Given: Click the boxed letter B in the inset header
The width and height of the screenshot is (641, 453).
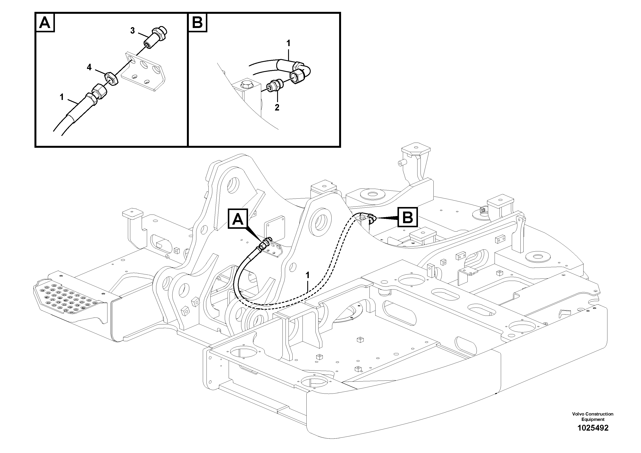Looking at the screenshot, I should [x=198, y=23].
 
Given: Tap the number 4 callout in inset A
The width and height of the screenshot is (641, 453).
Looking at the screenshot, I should [x=89, y=67].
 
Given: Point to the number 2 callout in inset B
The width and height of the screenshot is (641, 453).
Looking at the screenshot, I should [x=277, y=107].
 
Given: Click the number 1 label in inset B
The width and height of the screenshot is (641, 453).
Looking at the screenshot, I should [x=288, y=43].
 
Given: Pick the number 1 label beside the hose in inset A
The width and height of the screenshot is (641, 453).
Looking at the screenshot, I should [x=62, y=97].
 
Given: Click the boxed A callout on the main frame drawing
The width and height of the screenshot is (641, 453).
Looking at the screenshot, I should [x=238, y=219].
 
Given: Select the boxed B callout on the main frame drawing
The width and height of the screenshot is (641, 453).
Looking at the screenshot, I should [x=408, y=217].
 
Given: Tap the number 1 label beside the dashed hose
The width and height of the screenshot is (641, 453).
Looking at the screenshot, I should [x=307, y=275].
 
